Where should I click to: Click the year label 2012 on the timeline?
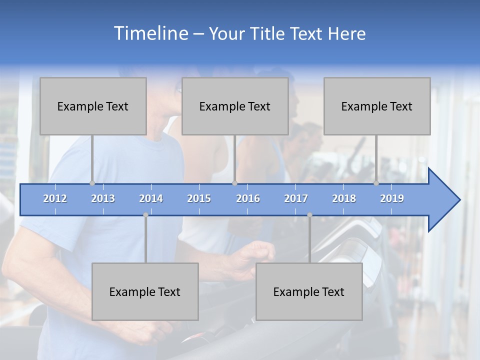(x=55, y=198)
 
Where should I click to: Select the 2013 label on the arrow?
(x=103, y=198)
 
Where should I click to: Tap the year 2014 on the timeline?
(x=151, y=198)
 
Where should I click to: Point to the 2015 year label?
(x=199, y=198)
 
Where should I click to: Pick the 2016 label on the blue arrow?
(x=248, y=198)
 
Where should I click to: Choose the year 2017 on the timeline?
(x=296, y=198)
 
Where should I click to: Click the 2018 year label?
(x=344, y=198)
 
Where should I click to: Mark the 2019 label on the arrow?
(x=392, y=198)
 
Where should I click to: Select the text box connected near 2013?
(x=93, y=106)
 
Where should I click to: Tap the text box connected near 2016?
(x=235, y=106)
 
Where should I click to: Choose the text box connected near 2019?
(x=377, y=106)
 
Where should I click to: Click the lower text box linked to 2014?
(x=145, y=291)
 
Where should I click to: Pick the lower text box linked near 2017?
(x=309, y=291)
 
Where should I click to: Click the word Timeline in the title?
(x=150, y=33)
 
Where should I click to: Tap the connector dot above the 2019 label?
(x=376, y=183)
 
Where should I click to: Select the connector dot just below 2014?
(x=145, y=215)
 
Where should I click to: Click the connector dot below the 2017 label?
(x=309, y=215)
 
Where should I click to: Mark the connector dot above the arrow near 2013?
(x=92, y=183)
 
